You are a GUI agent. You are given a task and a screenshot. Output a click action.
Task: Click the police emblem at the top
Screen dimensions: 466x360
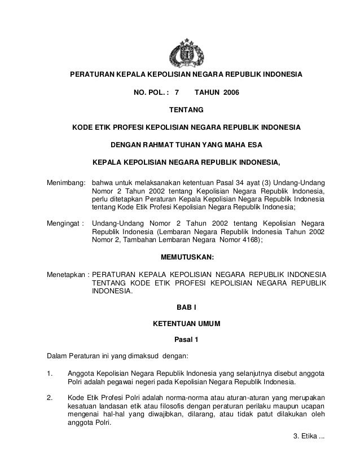coord(186,51)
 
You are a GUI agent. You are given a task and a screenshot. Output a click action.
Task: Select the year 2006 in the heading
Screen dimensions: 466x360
coord(222,91)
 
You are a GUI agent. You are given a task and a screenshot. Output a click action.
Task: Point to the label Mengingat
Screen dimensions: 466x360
coord(64,223)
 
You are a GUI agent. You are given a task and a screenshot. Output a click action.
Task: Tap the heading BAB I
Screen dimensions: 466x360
coord(187,307)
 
